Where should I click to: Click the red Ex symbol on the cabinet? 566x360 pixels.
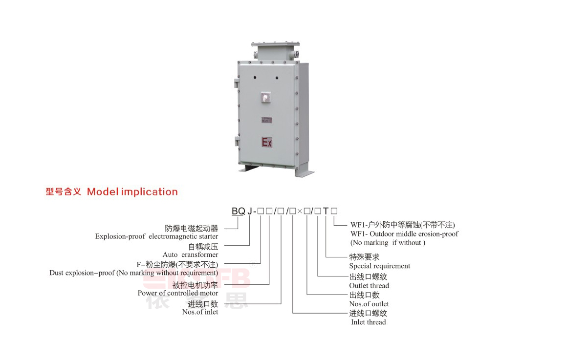point(267,142)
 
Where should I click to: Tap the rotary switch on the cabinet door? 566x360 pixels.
point(266,97)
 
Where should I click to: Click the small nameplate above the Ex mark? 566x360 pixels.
point(267,120)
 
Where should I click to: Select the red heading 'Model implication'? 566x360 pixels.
point(132,191)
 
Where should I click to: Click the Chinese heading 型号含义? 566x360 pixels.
point(64,191)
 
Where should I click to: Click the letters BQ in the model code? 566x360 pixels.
point(238,211)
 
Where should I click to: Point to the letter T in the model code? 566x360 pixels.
point(326,211)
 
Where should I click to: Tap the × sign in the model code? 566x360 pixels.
point(300,211)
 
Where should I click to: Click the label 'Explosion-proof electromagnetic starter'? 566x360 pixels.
point(157,236)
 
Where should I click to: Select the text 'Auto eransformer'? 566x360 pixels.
point(190,254)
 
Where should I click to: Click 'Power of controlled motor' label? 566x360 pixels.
point(177,293)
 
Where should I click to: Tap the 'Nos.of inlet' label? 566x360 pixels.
point(200,312)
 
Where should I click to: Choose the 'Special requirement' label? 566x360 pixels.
point(379,266)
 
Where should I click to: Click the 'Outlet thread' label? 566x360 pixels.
point(369,286)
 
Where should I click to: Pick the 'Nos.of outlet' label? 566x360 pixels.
point(369,304)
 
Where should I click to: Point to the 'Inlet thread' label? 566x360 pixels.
point(368,322)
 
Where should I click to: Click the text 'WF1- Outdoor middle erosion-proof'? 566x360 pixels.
point(404,234)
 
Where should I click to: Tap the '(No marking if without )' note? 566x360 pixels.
point(388,243)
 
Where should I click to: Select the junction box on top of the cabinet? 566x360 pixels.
point(275,51)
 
